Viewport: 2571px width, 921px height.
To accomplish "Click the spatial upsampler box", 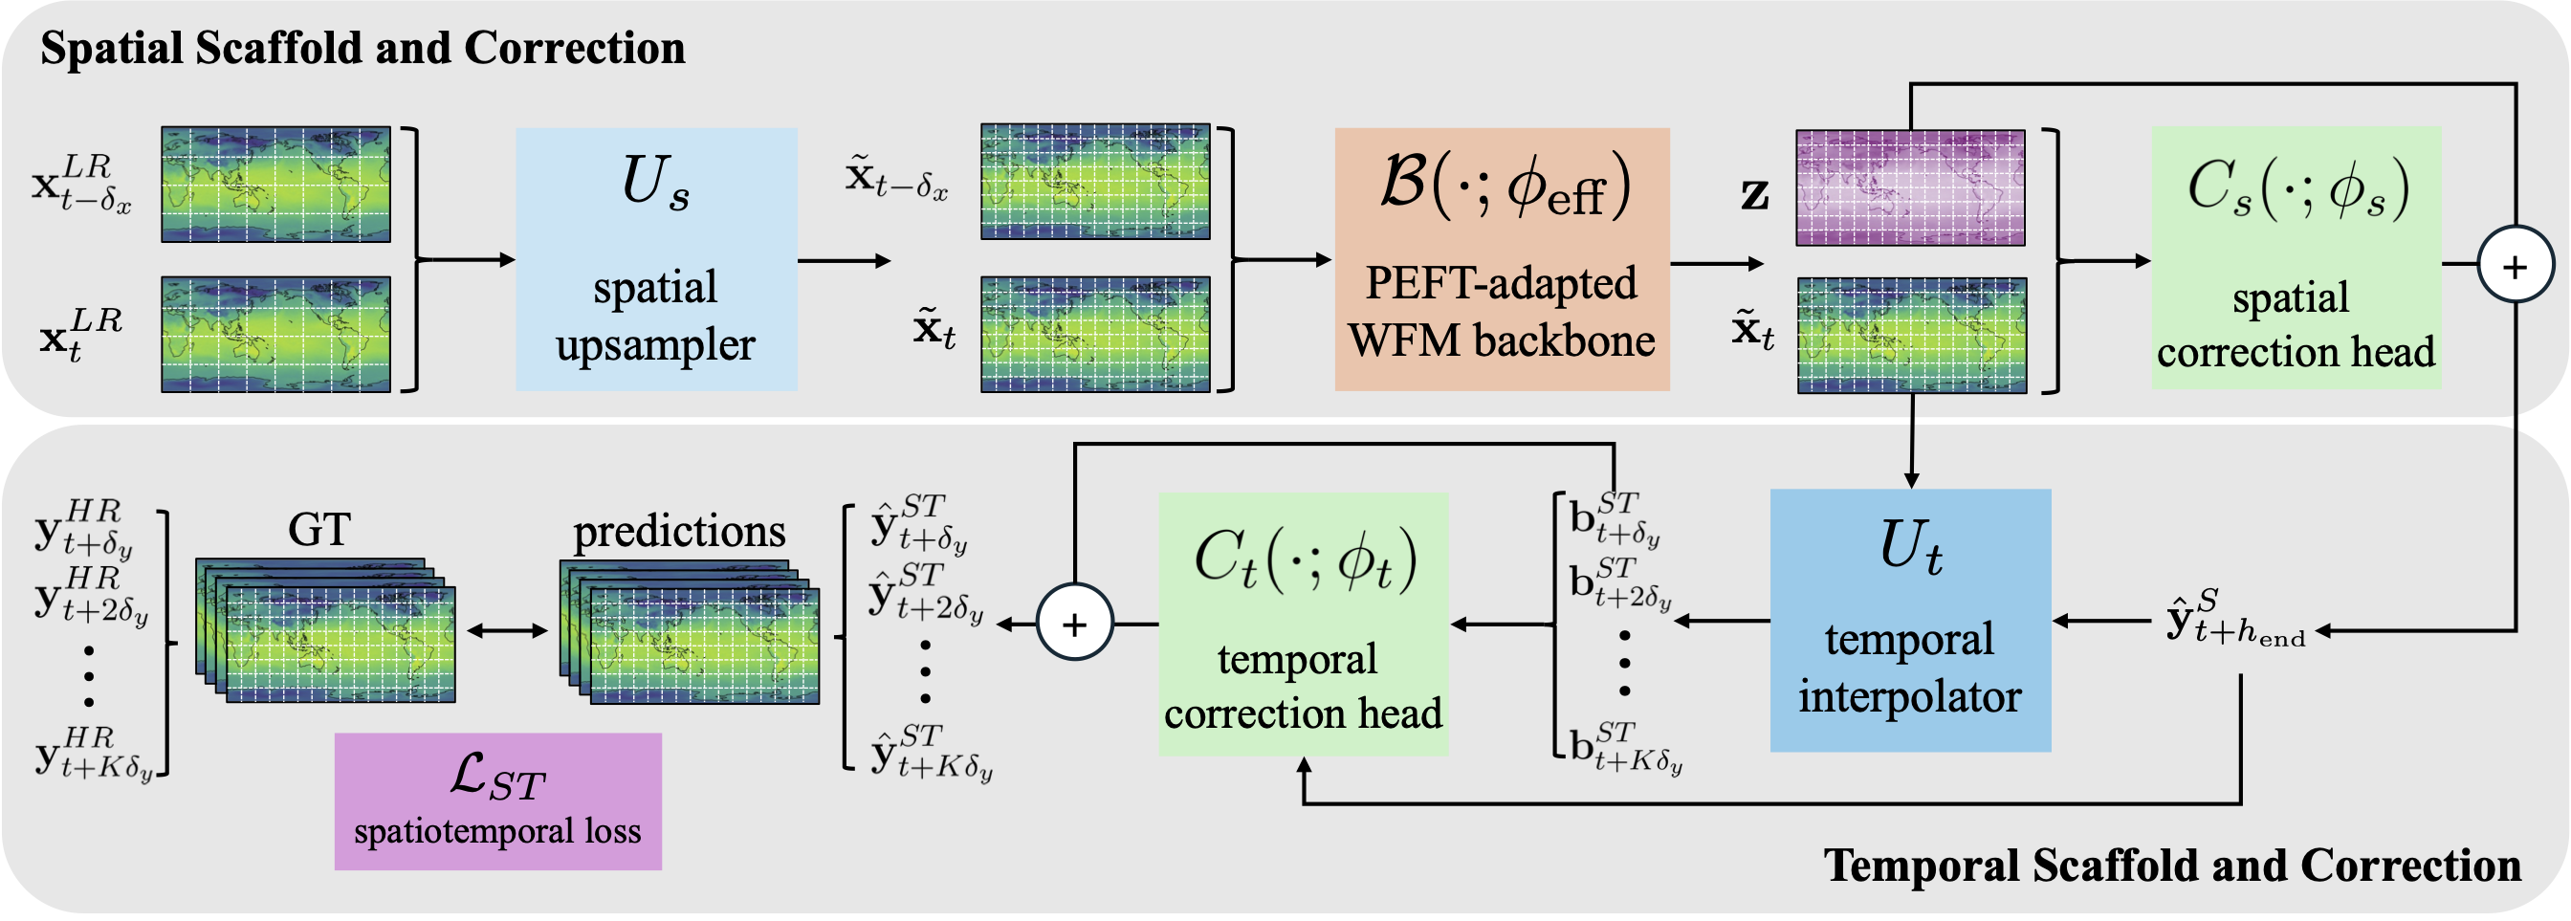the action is (x=657, y=258).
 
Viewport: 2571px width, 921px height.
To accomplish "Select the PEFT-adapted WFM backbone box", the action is (x=1502, y=258).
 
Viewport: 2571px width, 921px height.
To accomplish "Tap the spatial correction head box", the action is (x=2296, y=257).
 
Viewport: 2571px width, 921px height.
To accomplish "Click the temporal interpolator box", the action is (x=1910, y=620).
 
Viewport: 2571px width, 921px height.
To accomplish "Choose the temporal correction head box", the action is (x=1304, y=623).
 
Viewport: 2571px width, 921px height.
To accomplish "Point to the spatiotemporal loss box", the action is (x=498, y=801).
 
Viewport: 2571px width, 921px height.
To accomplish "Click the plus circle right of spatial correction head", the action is (x=2516, y=266).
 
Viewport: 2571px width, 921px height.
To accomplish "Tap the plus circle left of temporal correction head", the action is (x=1075, y=624).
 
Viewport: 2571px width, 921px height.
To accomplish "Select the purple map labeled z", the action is (x=1910, y=187).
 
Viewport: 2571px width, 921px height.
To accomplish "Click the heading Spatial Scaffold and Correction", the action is (x=363, y=48).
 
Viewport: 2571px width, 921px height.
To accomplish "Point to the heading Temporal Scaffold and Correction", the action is (x=2173, y=866).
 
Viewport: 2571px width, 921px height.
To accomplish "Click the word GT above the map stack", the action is (x=319, y=530).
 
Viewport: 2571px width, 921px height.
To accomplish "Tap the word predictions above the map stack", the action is (x=680, y=532).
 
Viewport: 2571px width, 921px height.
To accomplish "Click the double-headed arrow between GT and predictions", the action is (x=507, y=630).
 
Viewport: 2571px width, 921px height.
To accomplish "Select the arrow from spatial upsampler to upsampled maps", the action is (x=845, y=261).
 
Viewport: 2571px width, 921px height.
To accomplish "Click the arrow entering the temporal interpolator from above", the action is (x=1912, y=441).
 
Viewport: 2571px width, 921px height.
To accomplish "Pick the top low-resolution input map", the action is (x=275, y=185).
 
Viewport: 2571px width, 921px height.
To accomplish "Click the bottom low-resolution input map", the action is (x=275, y=335).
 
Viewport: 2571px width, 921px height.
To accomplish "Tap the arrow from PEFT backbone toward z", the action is (x=1717, y=264).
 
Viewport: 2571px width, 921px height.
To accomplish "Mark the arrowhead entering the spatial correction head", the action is (x=2142, y=260).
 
